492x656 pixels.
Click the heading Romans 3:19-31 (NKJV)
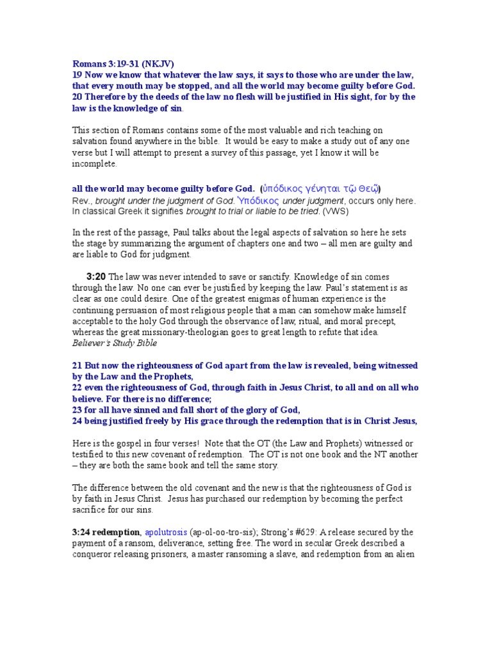tap(122, 63)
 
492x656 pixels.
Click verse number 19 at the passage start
tap(77, 75)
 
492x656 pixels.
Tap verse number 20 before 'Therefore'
tap(77, 97)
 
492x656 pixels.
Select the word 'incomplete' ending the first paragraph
tap(94, 164)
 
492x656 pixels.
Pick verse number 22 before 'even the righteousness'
tap(77, 388)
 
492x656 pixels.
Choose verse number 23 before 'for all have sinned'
tap(77, 409)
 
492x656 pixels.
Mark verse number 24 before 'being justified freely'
tap(77, 421)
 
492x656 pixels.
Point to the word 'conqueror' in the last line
tap(93, 555)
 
